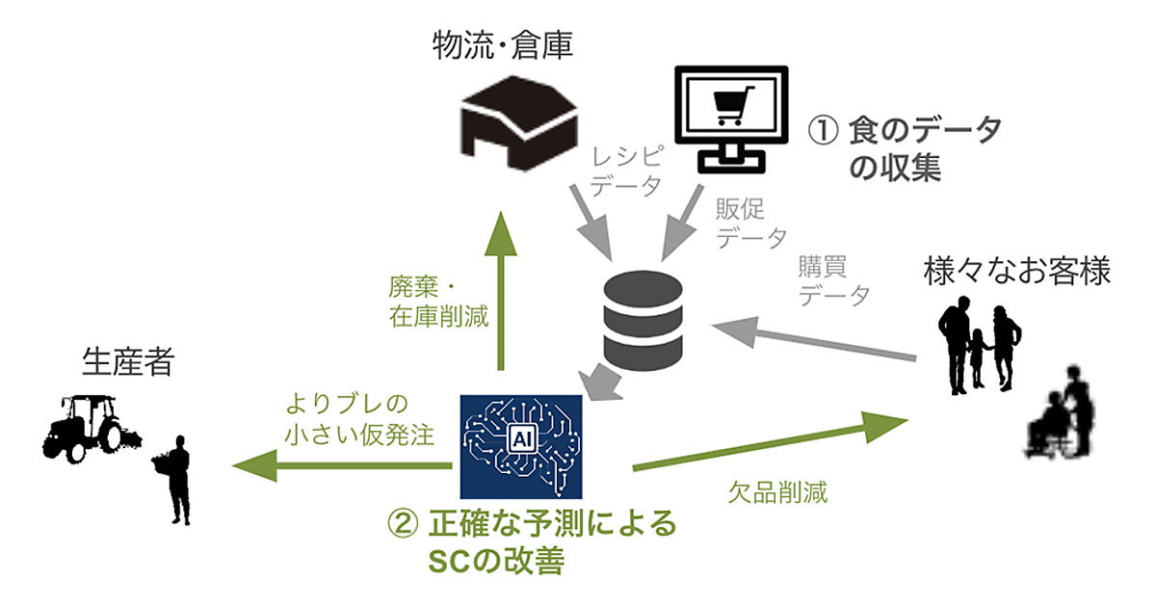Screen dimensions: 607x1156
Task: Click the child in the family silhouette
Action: tap(978, 356)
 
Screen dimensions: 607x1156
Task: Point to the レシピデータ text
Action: tap(626, 170)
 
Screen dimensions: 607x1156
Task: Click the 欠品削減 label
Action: tap(778, 495)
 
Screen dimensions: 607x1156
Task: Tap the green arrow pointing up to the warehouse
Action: tap(500, 289)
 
